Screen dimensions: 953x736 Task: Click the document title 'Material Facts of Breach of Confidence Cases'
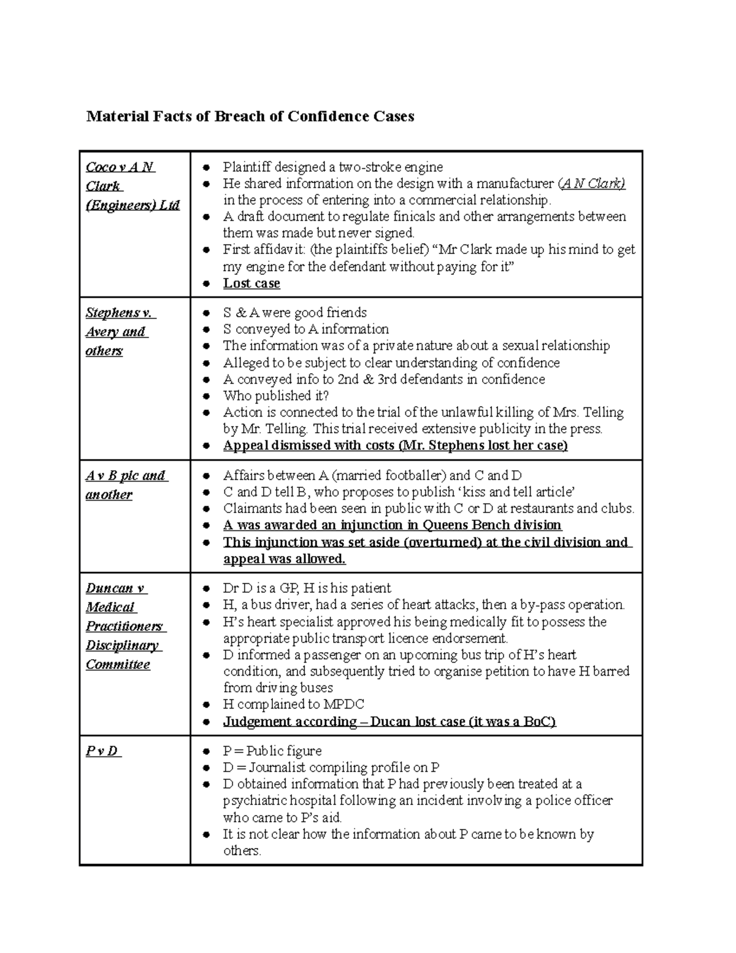pyautogui.click(x=250, y=117)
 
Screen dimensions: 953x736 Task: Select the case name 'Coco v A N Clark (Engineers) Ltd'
pyautogui.click(x=132, y=186)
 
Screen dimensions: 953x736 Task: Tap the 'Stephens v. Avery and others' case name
pyautogui.click(x=120, y=331)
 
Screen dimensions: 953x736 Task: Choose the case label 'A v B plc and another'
pyautogui.click(x=126, y=485)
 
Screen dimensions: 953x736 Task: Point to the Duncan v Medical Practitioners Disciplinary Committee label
pyautogui.click(x=125, y=626)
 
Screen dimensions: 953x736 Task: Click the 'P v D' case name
pyautogui.click(x=102, y=751)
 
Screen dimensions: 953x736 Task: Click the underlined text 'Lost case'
pyautogui.click(x=251, y=284)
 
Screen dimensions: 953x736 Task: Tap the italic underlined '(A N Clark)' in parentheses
pyautogui.click(x=591, y=183)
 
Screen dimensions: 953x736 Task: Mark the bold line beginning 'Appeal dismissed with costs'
pyautogui.click(x=395, y=446)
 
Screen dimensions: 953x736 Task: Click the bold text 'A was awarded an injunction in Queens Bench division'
pyautogui.click(x=392, y=525)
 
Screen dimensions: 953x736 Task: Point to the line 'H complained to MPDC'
pyautogui.click(x=294, y=704)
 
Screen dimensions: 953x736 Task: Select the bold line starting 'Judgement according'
pyautogui.click(x=389, y=722)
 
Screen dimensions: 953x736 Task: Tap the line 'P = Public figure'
pyautogui.click(x=272, y=751)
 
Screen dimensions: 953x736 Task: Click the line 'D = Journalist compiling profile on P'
pyautogui.click(x=331, y=768)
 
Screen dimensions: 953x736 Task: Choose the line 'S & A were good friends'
pyautogui.click(x=295, y=312)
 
